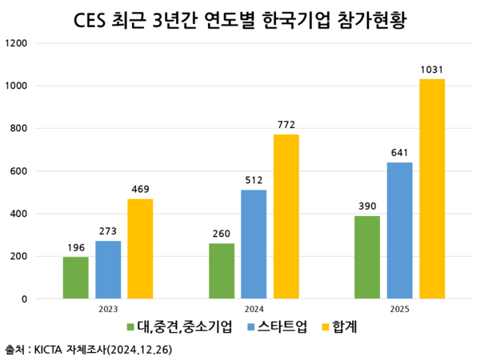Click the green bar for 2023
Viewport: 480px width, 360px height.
click(x=76, y=278)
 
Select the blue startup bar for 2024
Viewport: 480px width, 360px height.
click(x=254, y=244)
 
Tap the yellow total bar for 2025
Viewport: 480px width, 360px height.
click(x=432, y=189)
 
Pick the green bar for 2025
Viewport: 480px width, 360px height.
click(x=367, y=257)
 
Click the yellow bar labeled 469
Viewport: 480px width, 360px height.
click(x=140, y=249)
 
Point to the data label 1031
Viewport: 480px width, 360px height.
click(x=432, y=70)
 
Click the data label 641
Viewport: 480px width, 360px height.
click(x=400, y=154)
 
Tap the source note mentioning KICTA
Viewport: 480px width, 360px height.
click(x=88, y=350)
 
